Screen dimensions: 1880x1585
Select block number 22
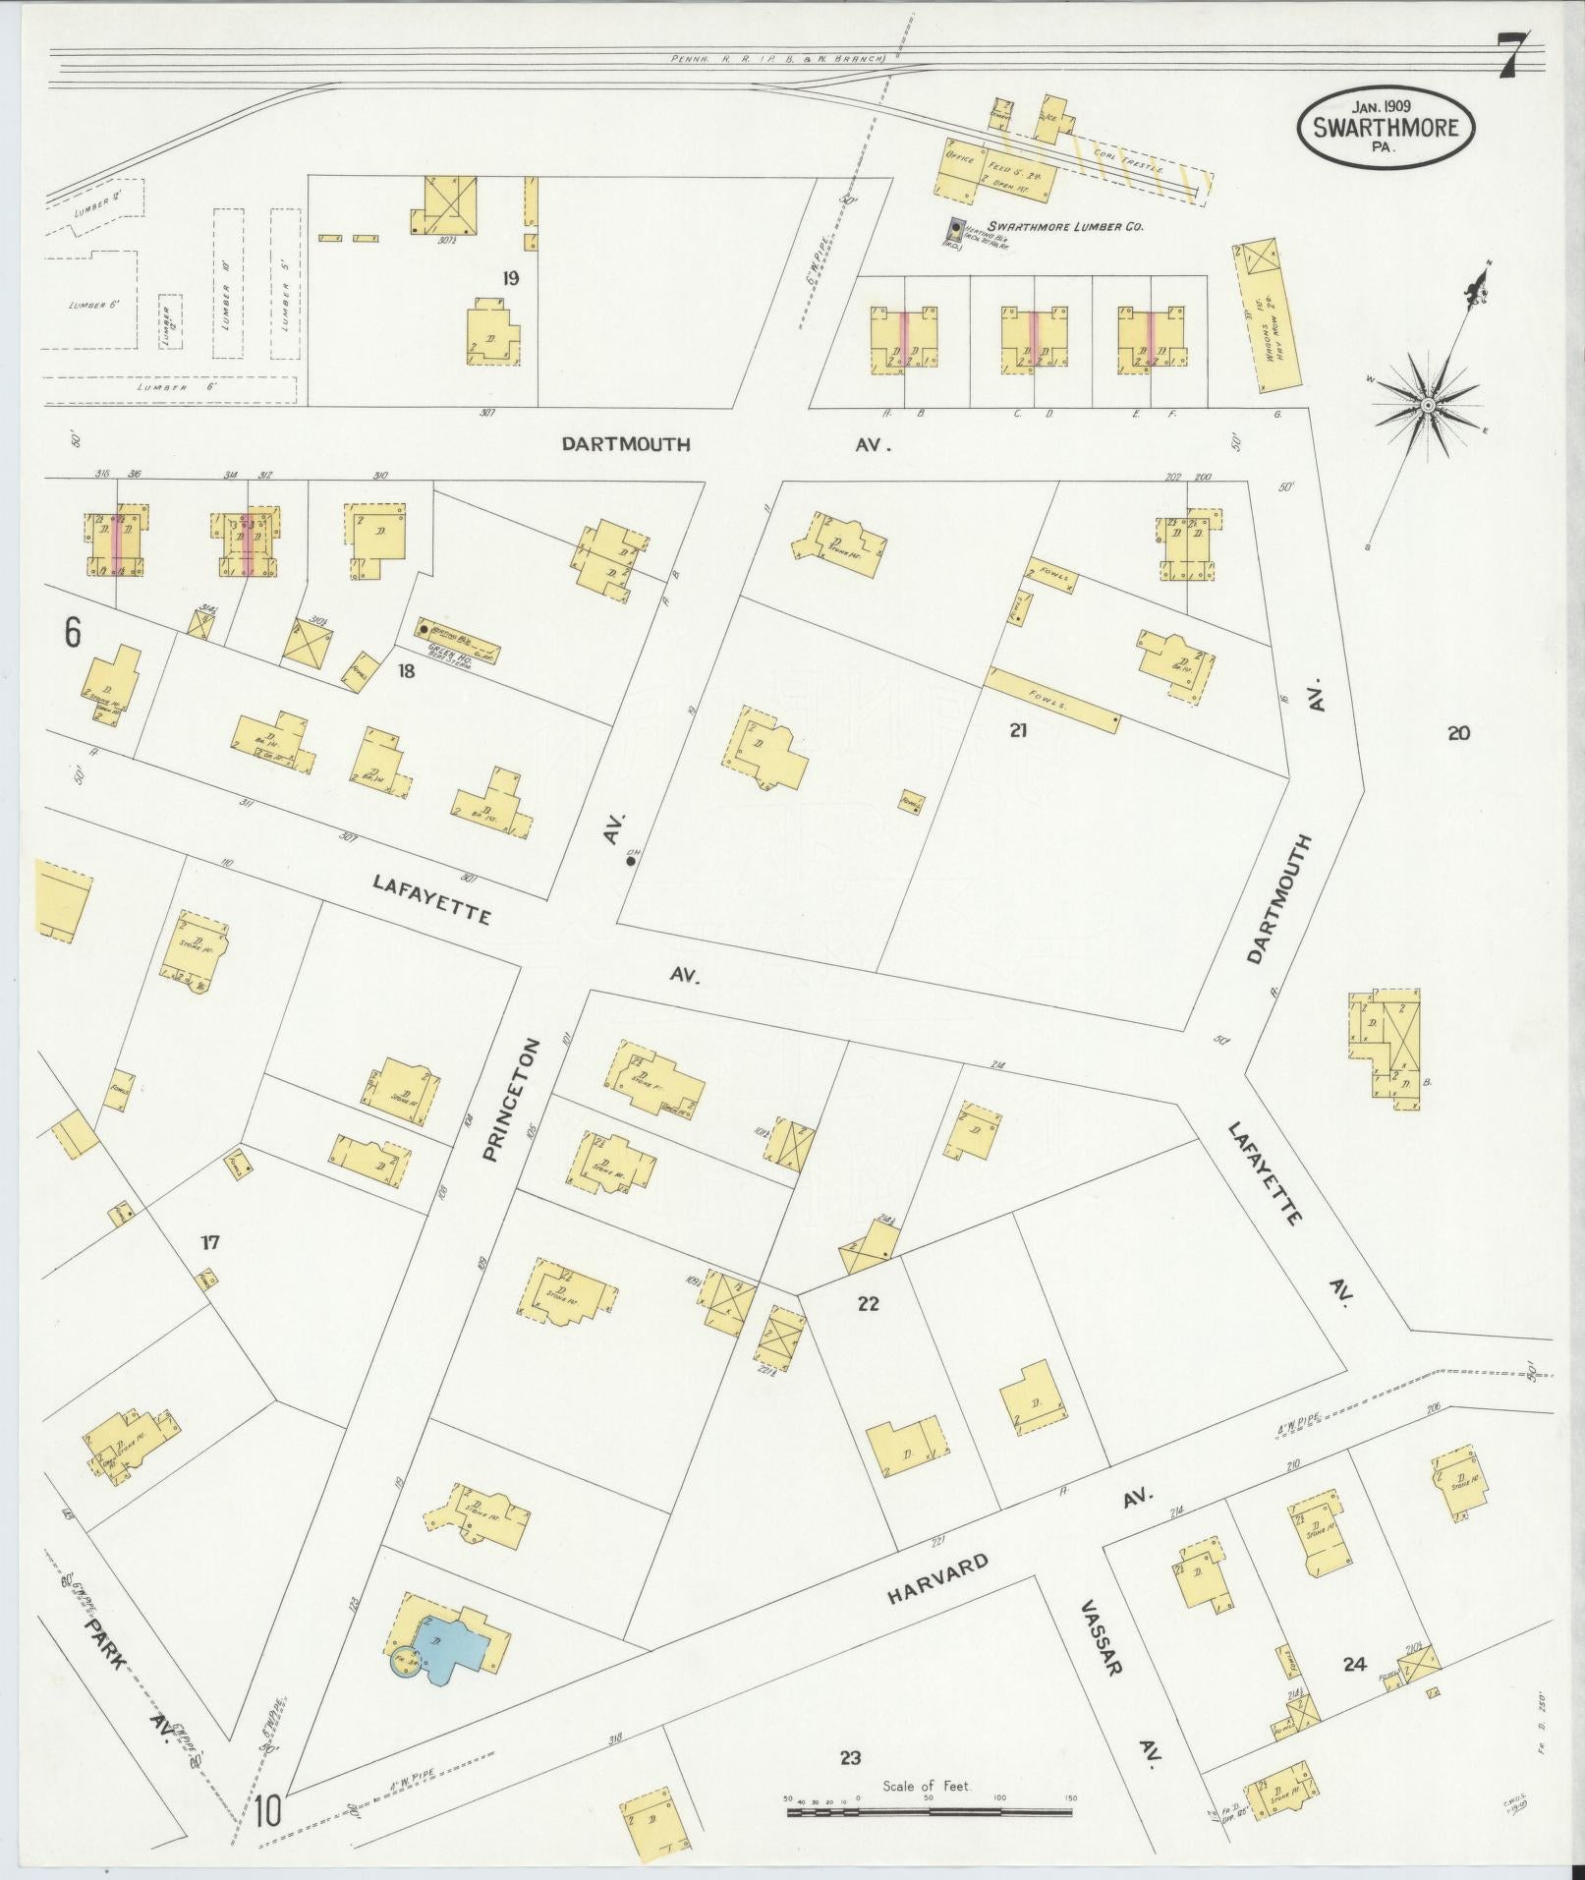(x=868, y=1304)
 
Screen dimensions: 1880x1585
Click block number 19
(x=509, y=277)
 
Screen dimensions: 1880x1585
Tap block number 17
(x=210, y=1243)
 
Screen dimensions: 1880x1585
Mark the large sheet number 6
(x=73, y=634)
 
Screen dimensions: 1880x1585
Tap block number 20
(x=1458, y=732)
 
